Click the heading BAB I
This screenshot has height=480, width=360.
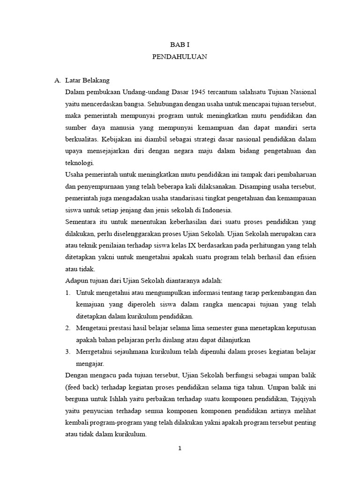coord(180,45)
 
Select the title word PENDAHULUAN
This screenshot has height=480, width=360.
coord(180,57)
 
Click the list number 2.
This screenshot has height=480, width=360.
coord(68,328)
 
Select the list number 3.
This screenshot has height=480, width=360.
coord(68,351)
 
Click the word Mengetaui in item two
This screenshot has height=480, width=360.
coord(94,328)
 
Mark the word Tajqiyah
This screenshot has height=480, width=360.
coord(302,399)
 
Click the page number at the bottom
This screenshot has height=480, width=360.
coord(180,449)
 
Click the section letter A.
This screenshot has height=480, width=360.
coord(57,81)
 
